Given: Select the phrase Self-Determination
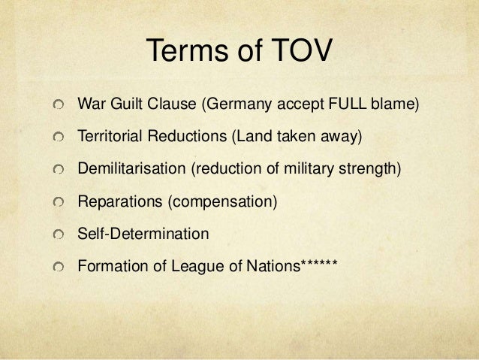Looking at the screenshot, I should tap(143, 234).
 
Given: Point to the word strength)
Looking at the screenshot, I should tap(375, 169).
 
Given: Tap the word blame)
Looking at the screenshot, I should tap(396, 103).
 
